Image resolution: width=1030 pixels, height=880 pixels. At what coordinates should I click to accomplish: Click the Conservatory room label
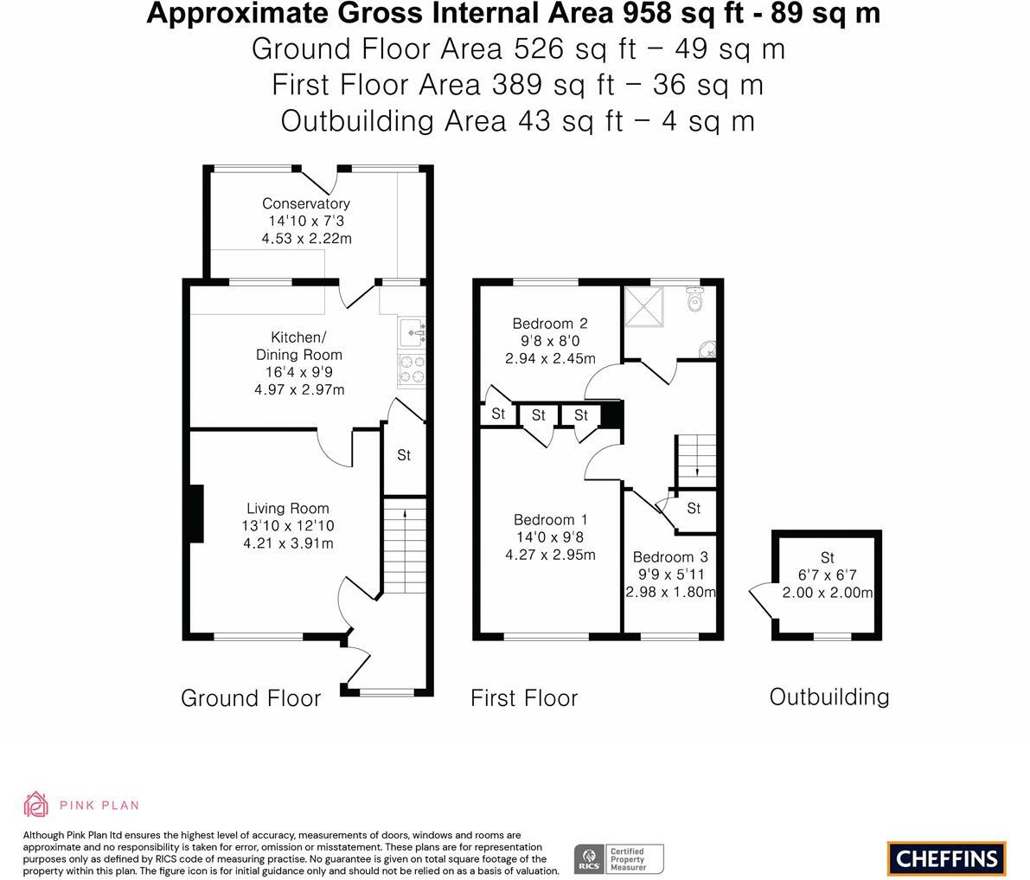tap(306, 203)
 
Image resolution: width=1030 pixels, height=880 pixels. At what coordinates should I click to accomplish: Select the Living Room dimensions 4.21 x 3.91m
tap(288, 543)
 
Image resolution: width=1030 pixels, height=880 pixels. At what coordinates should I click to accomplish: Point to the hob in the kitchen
tap(412, 370)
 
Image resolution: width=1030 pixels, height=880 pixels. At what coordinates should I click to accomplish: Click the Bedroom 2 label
tap(550, 324)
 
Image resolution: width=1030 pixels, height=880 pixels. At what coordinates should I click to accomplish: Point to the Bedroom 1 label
tap(550, 520)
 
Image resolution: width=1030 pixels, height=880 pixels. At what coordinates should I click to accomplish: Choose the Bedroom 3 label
tap(670, 557)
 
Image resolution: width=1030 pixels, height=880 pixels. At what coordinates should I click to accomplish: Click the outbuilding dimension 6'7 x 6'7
tap(827, 575)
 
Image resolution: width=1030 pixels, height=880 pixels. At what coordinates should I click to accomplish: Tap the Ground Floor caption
tap(251, 698)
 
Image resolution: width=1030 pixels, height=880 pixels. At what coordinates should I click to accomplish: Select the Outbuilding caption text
tap(829, 697)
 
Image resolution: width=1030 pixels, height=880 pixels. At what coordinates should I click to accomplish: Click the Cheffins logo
tap(946, 858)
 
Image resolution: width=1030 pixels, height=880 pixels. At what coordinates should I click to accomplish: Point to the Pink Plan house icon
tap(36, 804)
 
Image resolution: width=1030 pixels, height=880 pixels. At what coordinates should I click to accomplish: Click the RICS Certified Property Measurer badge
tap(619, 858)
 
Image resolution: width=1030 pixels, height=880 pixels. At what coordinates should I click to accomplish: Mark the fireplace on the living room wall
tap(195, 515)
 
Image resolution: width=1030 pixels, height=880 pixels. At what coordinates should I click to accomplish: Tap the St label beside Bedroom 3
tap(694, 509)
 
